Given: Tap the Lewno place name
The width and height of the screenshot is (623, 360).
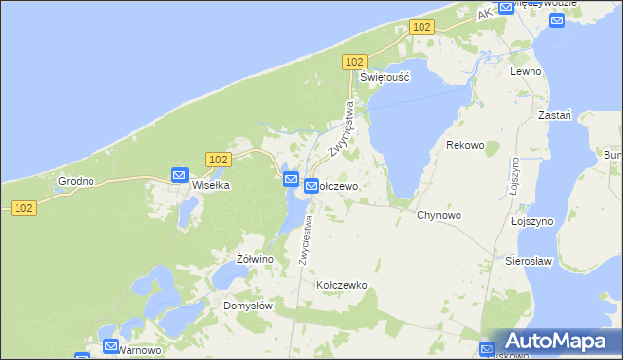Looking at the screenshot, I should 526,72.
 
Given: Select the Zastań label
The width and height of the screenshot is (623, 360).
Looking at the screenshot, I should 555,114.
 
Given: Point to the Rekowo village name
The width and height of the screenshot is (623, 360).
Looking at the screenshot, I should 464,145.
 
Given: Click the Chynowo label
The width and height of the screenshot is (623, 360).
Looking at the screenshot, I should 439,215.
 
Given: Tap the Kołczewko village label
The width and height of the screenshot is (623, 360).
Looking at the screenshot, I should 341,285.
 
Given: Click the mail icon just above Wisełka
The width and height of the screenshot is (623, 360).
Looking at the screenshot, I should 179,175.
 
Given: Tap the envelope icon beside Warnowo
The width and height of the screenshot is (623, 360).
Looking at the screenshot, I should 110,346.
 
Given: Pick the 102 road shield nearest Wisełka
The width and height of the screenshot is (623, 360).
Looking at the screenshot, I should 218,159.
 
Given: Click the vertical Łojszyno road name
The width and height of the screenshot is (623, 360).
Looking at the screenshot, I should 512,181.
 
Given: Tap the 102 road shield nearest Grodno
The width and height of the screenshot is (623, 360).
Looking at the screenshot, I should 24,207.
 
